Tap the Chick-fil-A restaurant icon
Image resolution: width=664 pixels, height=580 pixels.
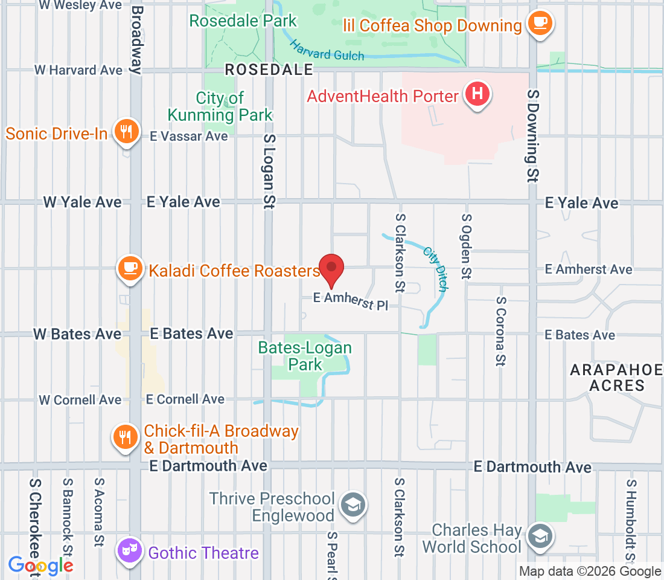point(126,438)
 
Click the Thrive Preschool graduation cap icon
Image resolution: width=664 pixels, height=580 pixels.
point(351,505)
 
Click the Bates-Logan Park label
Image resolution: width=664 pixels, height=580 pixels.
point(305,356)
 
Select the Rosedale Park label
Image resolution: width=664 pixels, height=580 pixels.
point(243,21)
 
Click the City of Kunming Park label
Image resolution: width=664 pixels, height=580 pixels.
point(220,106)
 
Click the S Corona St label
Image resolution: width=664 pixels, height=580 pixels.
point(500,331)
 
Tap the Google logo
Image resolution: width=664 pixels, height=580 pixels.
point(40,566)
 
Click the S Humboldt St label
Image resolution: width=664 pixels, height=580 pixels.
point(631,520)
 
